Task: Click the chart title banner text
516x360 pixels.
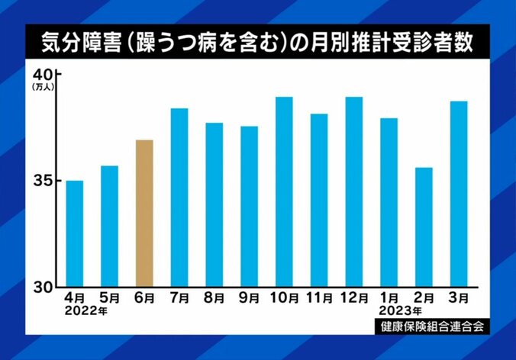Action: [x=257, y=43]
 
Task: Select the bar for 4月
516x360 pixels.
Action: [x=75, y=233]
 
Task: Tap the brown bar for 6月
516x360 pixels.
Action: [x=144, y=213]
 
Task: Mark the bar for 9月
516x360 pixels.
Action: [x=249, y=206]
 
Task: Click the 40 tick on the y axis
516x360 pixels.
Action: [x=41, y=76]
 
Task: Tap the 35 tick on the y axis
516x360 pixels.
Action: [x=41, y=181]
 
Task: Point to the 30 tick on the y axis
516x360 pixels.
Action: [x=41, y=287]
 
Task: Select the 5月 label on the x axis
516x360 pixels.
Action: [x=110, y=298]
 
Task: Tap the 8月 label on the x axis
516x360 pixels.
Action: [x=214, y=298]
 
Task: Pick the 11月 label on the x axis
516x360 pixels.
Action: [x=318, y=298]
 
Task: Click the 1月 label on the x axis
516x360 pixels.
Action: [x=389, y=298]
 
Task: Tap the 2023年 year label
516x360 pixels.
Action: [x=399, y=311]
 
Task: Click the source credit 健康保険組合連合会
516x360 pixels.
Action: [x=431, y=326]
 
